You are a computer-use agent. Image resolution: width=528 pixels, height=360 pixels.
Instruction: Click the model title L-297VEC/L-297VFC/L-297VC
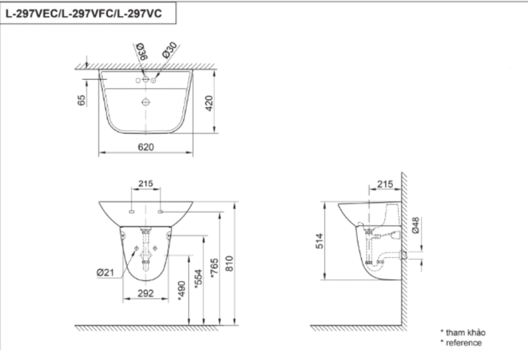point(87,13)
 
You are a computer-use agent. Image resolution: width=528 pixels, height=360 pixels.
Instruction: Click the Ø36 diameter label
point(140,52)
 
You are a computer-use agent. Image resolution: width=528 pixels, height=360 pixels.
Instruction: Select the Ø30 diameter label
point(168,51)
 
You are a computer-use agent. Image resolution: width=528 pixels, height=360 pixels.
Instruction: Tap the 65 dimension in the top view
point(82,100)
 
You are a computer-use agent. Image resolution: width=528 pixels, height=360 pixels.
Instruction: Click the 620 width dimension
point(146,147)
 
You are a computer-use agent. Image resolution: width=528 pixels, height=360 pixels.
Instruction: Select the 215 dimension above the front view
point(146,184)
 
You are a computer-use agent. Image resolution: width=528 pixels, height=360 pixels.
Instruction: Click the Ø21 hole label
point(108,272)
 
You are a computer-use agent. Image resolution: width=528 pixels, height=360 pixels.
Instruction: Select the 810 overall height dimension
point(230,261)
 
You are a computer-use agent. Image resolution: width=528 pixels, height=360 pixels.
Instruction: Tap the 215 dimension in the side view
point(385,184)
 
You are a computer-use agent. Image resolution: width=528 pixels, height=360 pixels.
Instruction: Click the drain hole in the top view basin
point(146,103)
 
